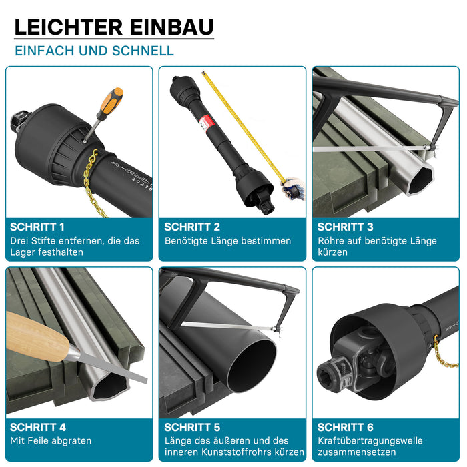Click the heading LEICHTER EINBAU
(x=114, y=27)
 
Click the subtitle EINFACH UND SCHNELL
(x=95, y=51)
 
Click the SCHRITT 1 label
(x=37, y=227)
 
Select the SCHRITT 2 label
(x=192, y=227)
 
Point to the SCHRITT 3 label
(x=345, y=227)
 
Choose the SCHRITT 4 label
(x=38, y=428)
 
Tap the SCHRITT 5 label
(x=192, y=428)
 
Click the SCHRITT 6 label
(x=345, y=428)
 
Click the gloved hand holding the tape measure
(x=294, y=189)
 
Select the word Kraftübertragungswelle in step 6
(x=370, y=441)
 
